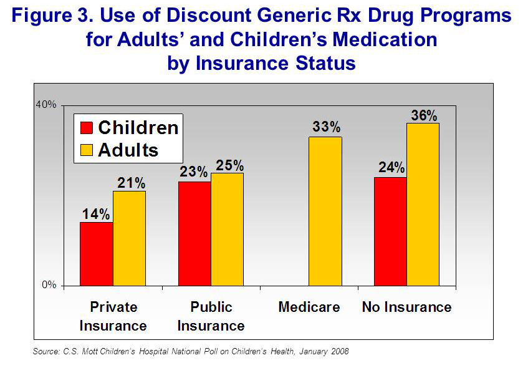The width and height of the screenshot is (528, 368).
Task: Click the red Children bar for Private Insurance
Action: coord(96,254)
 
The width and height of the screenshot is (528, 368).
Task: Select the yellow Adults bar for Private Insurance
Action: coord(129,238)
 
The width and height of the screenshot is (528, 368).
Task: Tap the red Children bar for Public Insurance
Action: coord(194,234)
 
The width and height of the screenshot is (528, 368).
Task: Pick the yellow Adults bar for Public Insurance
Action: coord(227,230)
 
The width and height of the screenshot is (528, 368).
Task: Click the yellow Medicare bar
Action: coord(325,211)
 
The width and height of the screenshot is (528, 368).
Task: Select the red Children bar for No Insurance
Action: coord(390,231)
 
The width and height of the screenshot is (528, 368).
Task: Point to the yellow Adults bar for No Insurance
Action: coord(423,205)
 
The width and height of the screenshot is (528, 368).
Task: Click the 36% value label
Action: coord(423,115)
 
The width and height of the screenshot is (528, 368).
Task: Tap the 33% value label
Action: coord(326,128)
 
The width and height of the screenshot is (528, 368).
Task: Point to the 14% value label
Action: coord(96,214)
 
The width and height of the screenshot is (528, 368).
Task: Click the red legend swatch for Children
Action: coord(86,128)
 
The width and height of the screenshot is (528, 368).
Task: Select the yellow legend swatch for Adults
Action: coord(86,150)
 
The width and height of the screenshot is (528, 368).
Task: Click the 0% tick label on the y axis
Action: coord(49,285)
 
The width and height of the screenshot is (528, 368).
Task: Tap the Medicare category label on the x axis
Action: coord(309,307)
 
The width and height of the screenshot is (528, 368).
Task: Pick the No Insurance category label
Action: coord(406,307)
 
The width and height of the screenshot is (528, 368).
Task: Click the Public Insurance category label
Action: coord(211,316)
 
